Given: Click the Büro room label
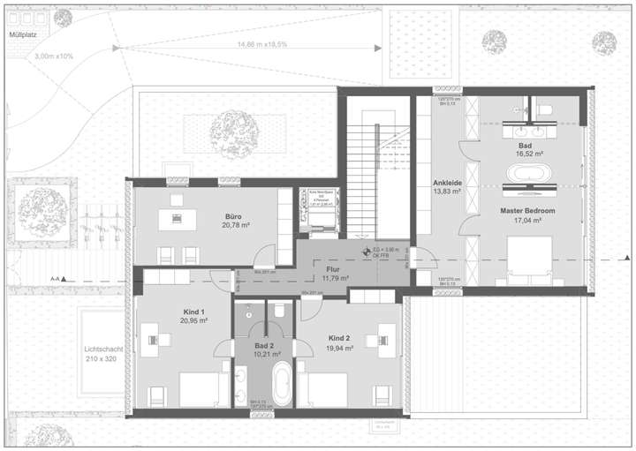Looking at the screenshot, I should tap(233, 214).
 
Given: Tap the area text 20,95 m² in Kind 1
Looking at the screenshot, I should tap(193, 321).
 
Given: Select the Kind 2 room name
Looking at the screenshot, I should tap(340, 338).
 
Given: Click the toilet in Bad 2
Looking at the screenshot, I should tap(279, 311).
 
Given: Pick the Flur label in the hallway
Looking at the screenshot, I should tap(333, 268).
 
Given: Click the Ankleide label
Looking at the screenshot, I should tap(448, 181).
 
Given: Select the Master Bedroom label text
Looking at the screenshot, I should tap(526, 211).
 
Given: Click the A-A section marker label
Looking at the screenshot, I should tap(55, 279).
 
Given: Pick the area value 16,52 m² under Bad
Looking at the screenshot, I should tap(530, 152).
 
